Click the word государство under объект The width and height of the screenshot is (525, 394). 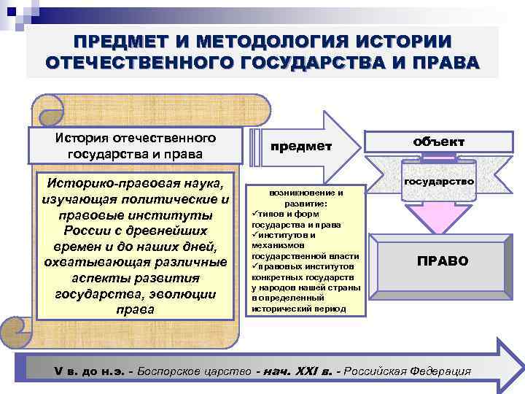coord(440,179)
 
